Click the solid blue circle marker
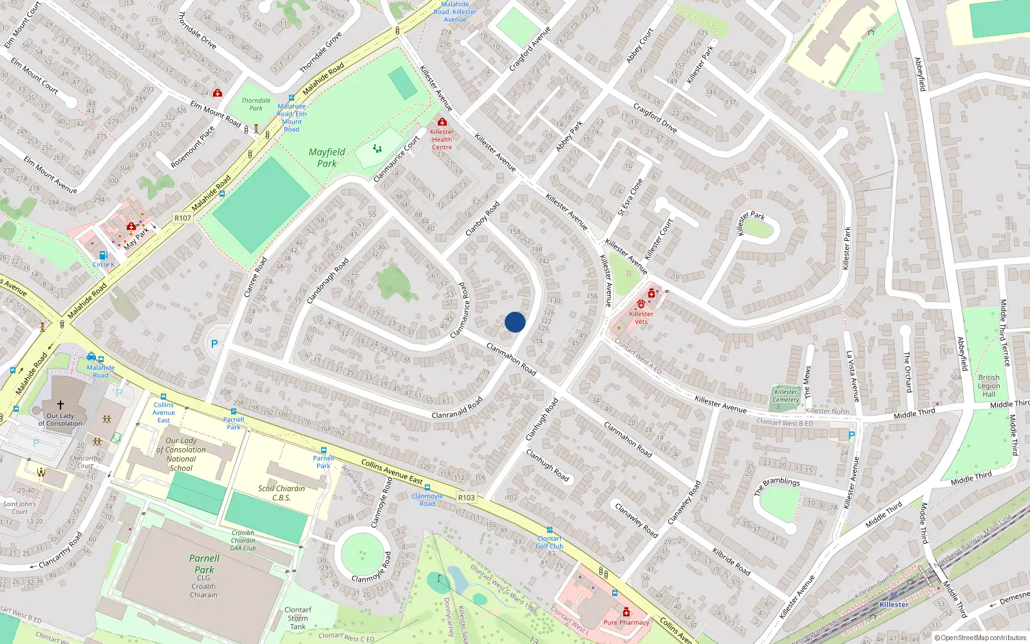(x=515, y=322)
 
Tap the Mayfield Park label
(x=327, y=158)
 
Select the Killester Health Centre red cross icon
(x=442, y=122)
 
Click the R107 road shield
(x=183, y=218)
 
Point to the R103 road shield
(x=467, y=498)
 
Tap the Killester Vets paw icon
(x=641, y=304)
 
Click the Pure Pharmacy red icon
(x=626, y=612)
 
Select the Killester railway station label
(x=894, y=605)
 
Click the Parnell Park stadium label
(x=204, y=564)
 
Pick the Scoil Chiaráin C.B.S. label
(x=281, y=493)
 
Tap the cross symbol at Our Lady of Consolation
(x=61, y=405)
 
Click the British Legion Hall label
(x=989, y=386)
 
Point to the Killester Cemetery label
(x=785, y=395)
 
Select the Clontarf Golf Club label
(x=549, y=542)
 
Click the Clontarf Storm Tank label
(x=297, y=618)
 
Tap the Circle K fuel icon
(x=104, y=255)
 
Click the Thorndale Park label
(x=256, y=104)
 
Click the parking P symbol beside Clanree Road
(x=214, y=345)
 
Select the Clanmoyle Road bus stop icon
(x=427, y=488)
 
